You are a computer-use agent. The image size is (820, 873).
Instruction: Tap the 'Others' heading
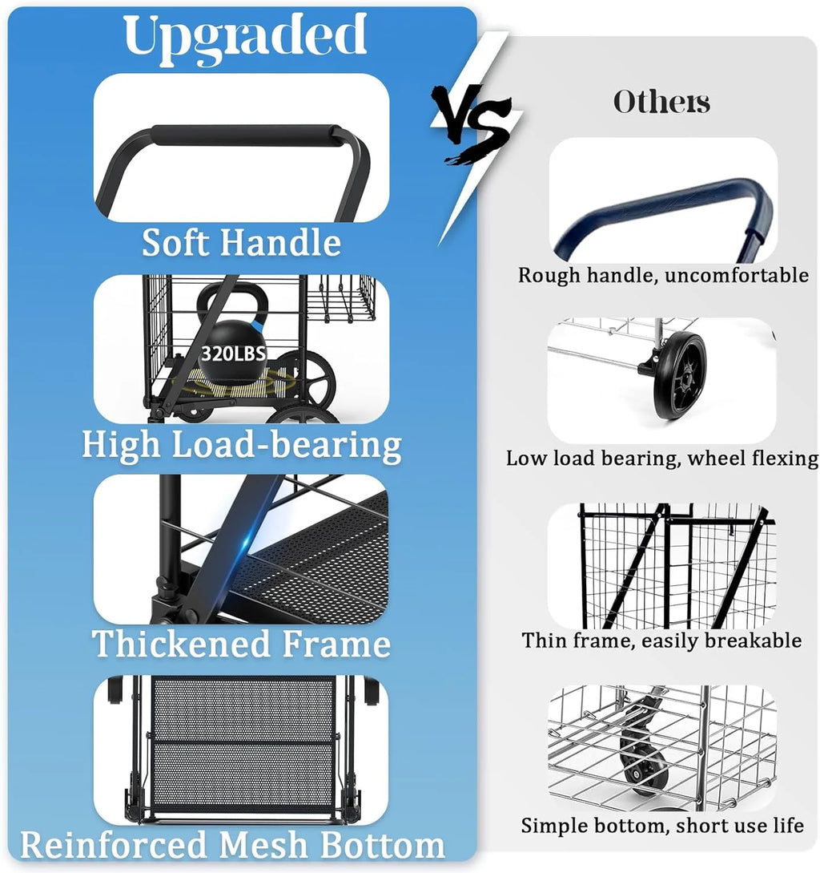pos(661,102)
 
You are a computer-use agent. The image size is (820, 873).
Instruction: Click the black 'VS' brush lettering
pos(472,123)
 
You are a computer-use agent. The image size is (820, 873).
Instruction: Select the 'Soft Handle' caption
pos(241,243)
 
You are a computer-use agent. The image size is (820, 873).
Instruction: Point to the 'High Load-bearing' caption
pos(242,446)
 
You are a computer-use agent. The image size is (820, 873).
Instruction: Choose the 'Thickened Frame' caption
pos(241,644)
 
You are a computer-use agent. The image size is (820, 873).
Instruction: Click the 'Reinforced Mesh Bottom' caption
pos(232,845)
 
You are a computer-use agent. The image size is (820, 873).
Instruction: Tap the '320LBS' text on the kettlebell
pos(233,353)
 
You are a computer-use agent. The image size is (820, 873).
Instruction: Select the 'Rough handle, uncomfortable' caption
pos(663,275)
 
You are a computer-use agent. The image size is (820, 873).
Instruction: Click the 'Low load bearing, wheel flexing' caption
pos(662,459)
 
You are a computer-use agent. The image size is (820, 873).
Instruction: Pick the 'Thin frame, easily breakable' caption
pos(661,641)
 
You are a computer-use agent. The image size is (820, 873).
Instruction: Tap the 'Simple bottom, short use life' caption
pos(662,825)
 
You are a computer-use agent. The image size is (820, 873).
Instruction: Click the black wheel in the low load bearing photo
pos(680,376)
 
